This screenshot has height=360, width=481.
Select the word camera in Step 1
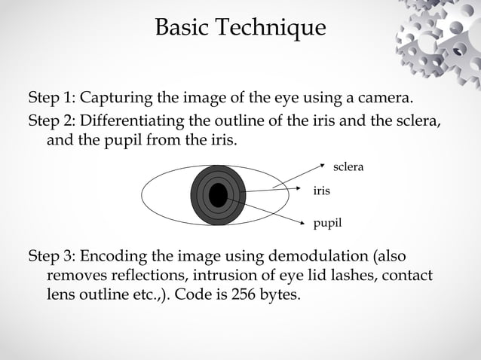(385, 99)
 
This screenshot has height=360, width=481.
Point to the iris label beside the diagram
(321, 191)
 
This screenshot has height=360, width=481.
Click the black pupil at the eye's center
(218, 195)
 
